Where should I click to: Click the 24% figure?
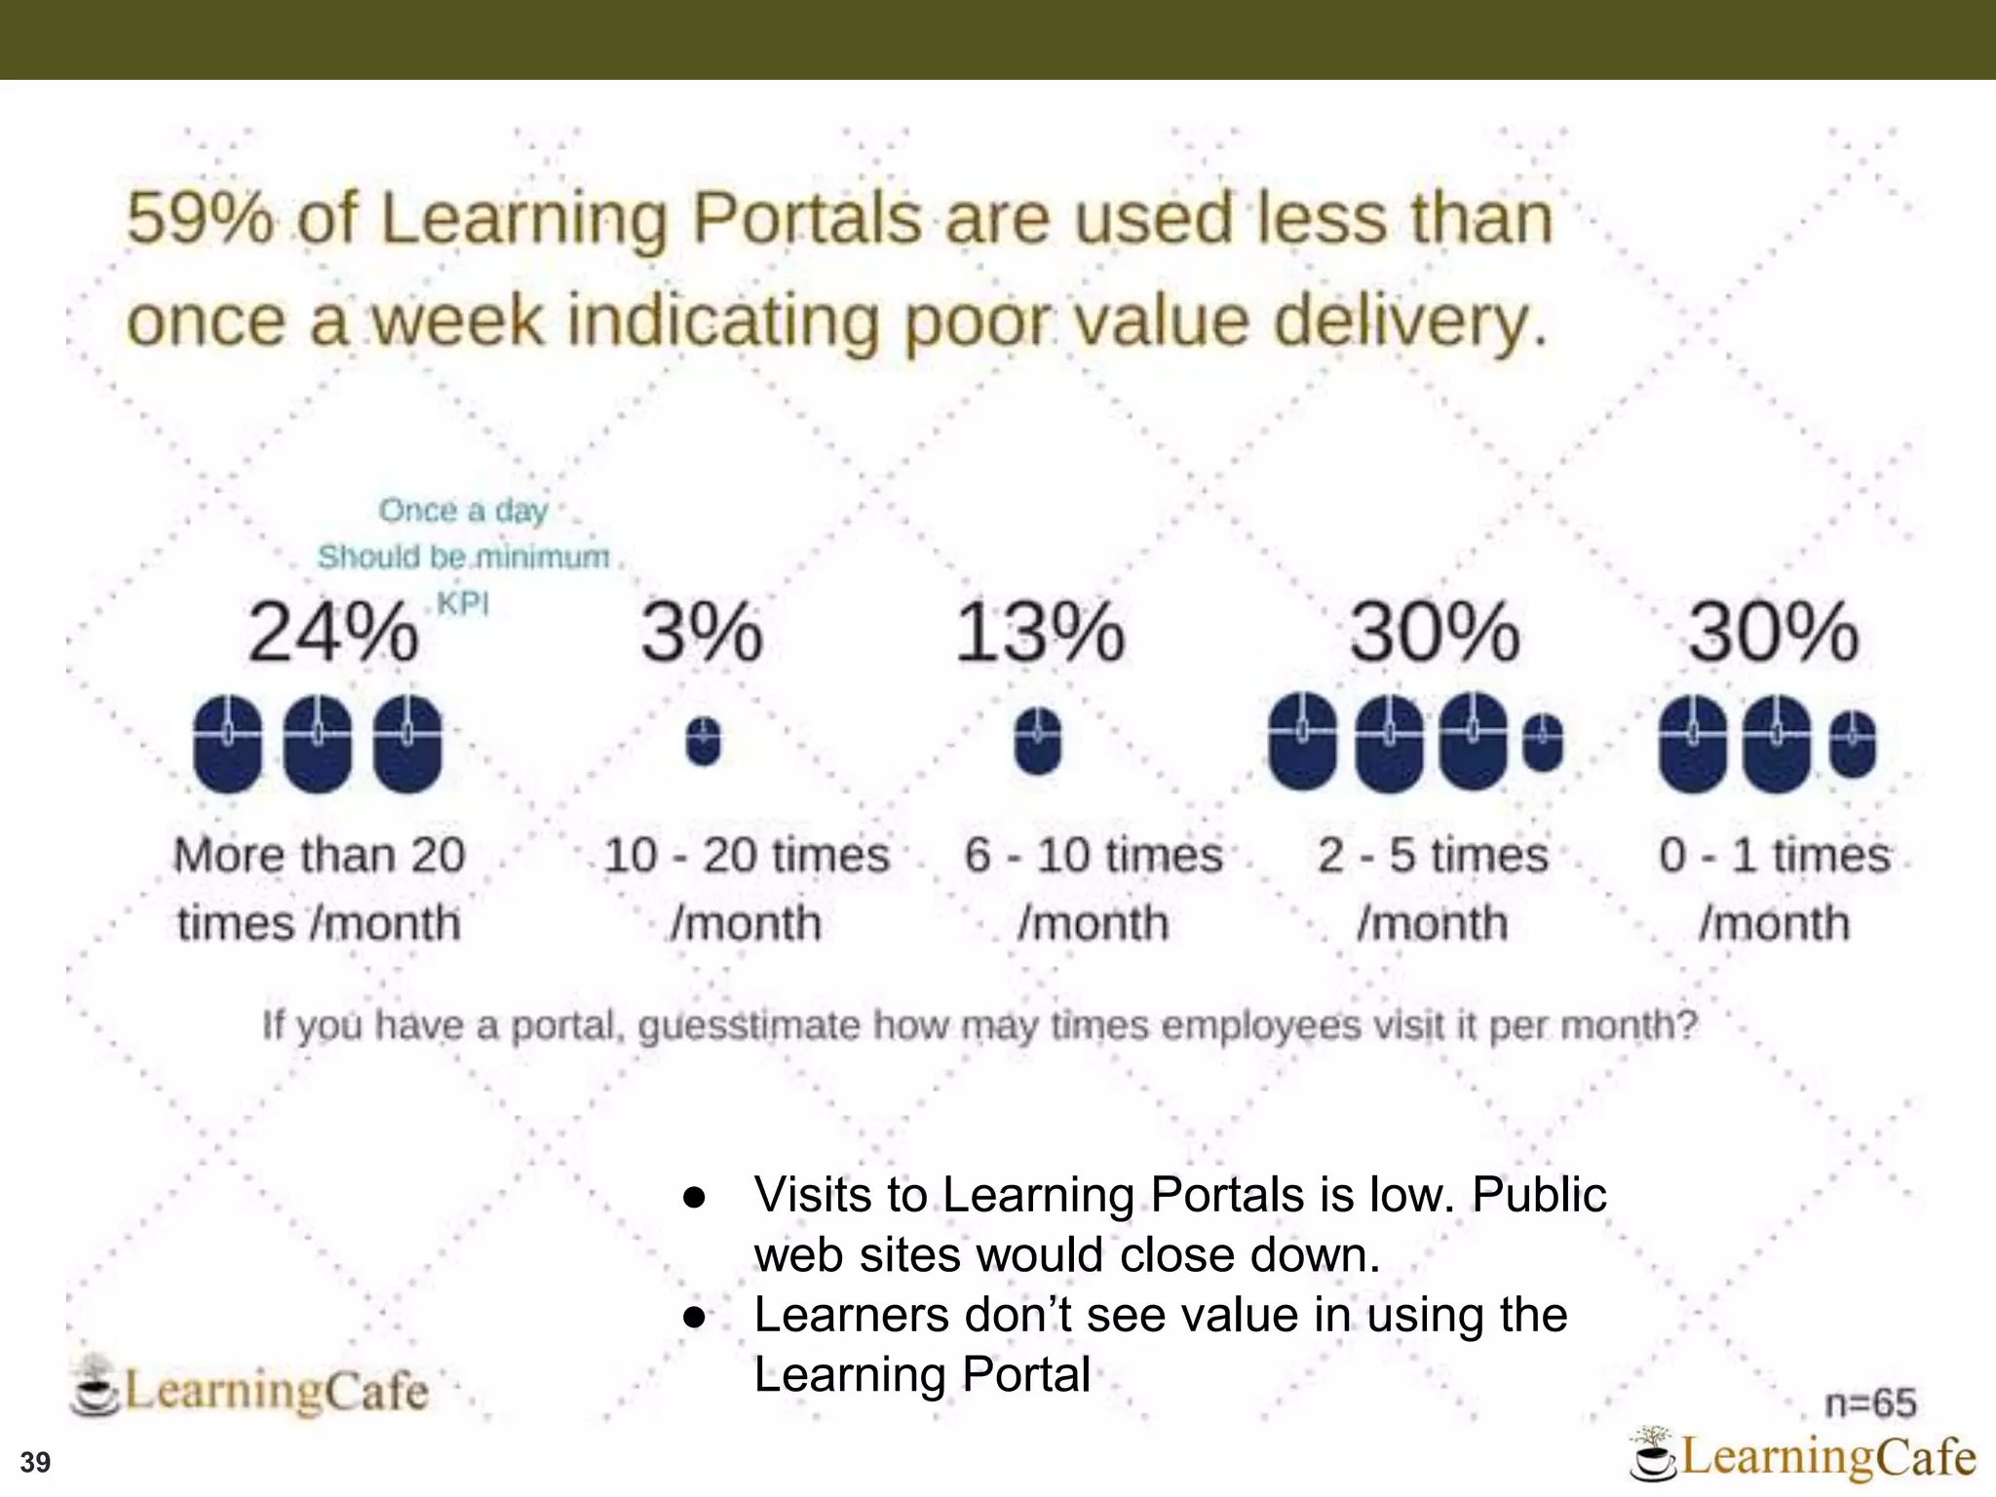332,633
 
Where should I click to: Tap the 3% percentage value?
702,633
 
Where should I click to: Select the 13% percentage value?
1039,633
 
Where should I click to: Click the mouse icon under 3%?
703,743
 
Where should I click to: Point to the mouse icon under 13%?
1038,742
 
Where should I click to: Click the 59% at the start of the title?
200,218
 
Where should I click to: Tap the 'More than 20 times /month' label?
319,889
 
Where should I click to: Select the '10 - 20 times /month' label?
747,889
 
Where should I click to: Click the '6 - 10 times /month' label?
1094,889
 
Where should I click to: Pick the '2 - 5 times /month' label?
1433,889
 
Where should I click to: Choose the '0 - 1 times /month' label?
1774,889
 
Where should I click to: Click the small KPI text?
462,604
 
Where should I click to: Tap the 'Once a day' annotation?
463,511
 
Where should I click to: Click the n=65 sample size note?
1870,1403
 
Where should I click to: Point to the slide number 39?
35,1463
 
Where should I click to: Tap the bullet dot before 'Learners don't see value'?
694,1317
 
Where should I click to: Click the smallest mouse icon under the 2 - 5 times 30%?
1542,743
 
